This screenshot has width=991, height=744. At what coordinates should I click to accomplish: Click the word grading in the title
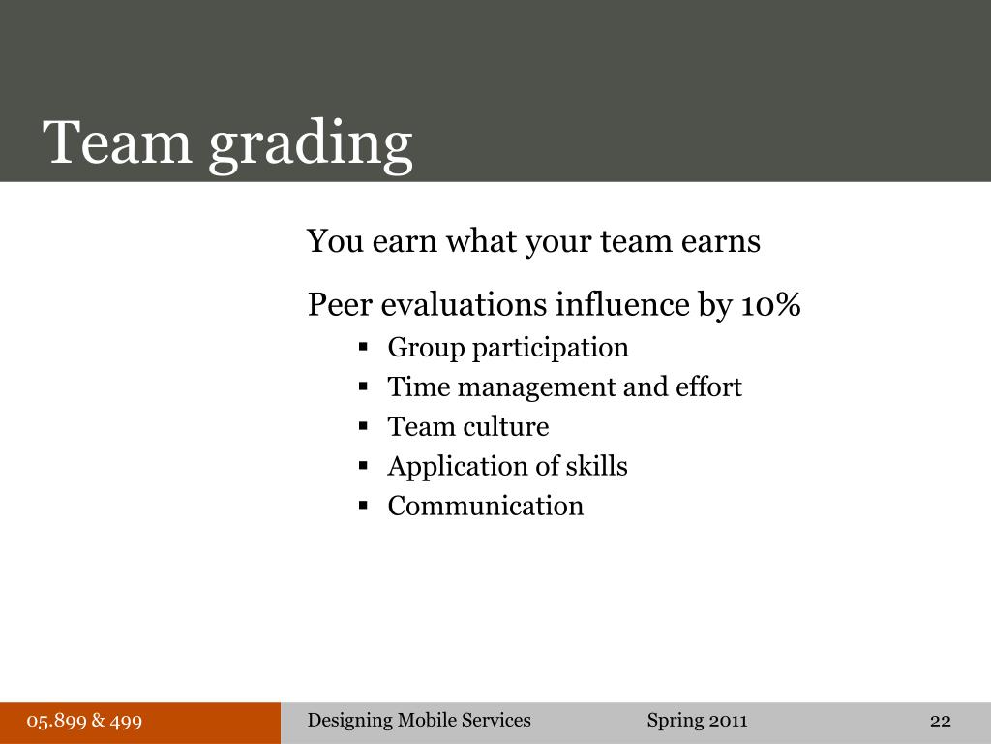coord(311,143)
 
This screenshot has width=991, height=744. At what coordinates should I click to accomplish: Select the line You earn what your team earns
coord(533,241)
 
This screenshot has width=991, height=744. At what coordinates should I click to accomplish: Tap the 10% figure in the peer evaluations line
coord(771,305)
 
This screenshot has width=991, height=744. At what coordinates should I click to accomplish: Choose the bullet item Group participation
coord(508,347)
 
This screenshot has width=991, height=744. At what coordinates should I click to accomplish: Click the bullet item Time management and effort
coord(564,387)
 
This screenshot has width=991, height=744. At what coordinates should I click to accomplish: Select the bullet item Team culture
coord(467,427)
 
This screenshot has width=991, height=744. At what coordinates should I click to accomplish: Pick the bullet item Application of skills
coord(507,467)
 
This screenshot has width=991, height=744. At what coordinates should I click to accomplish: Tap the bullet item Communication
coord(486,507)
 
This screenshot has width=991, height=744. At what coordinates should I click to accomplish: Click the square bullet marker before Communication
coord(364,505)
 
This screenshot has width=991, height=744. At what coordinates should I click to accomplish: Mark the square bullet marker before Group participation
coord(364,346)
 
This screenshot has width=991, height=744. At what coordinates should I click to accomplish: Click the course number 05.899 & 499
coord(85,721)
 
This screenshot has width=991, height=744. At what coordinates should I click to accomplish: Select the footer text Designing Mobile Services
coord(419,720)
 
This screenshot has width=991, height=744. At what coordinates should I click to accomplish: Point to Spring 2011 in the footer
coord(697,721)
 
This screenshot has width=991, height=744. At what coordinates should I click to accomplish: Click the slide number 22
coord(940,721)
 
